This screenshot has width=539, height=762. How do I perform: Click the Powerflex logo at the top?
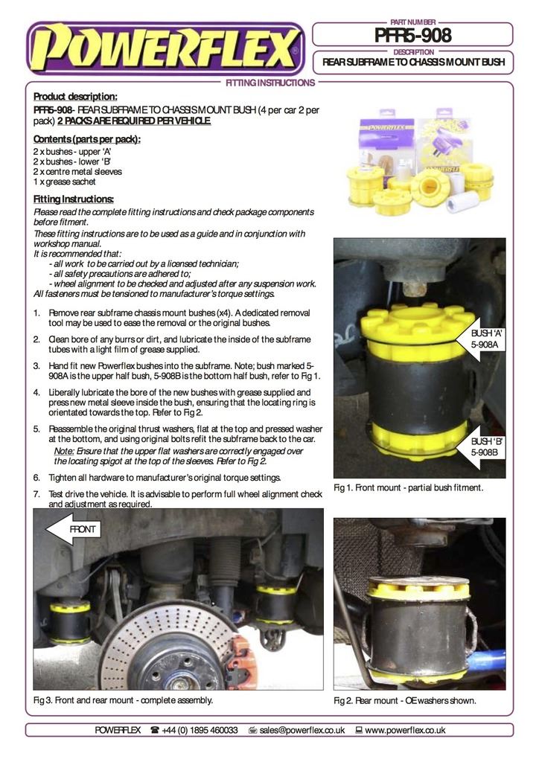(x=165, y=48)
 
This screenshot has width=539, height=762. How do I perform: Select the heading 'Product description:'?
(x=75, y=97)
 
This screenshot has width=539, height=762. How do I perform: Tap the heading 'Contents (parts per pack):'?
(x=87, y=139)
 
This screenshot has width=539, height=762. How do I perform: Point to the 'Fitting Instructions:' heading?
(x=74, y=199)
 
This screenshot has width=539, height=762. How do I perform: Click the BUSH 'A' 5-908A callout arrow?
(x=483, y=339)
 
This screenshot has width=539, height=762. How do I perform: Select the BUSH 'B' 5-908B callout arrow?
(x=483, y=446)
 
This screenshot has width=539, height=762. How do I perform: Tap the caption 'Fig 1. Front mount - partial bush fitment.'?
(x=409, y=487)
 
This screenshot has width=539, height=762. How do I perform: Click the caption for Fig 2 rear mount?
(x=404, y=701)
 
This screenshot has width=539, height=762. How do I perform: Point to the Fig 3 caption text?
(x=124, y=700)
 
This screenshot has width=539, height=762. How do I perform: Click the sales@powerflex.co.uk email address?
(x=302, y=730)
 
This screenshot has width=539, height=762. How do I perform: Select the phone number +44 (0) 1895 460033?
(x=200, y=730)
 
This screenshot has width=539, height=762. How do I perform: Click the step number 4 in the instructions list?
(x=36, y=392)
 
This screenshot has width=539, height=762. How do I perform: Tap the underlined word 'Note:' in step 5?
(x=64, y=452)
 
